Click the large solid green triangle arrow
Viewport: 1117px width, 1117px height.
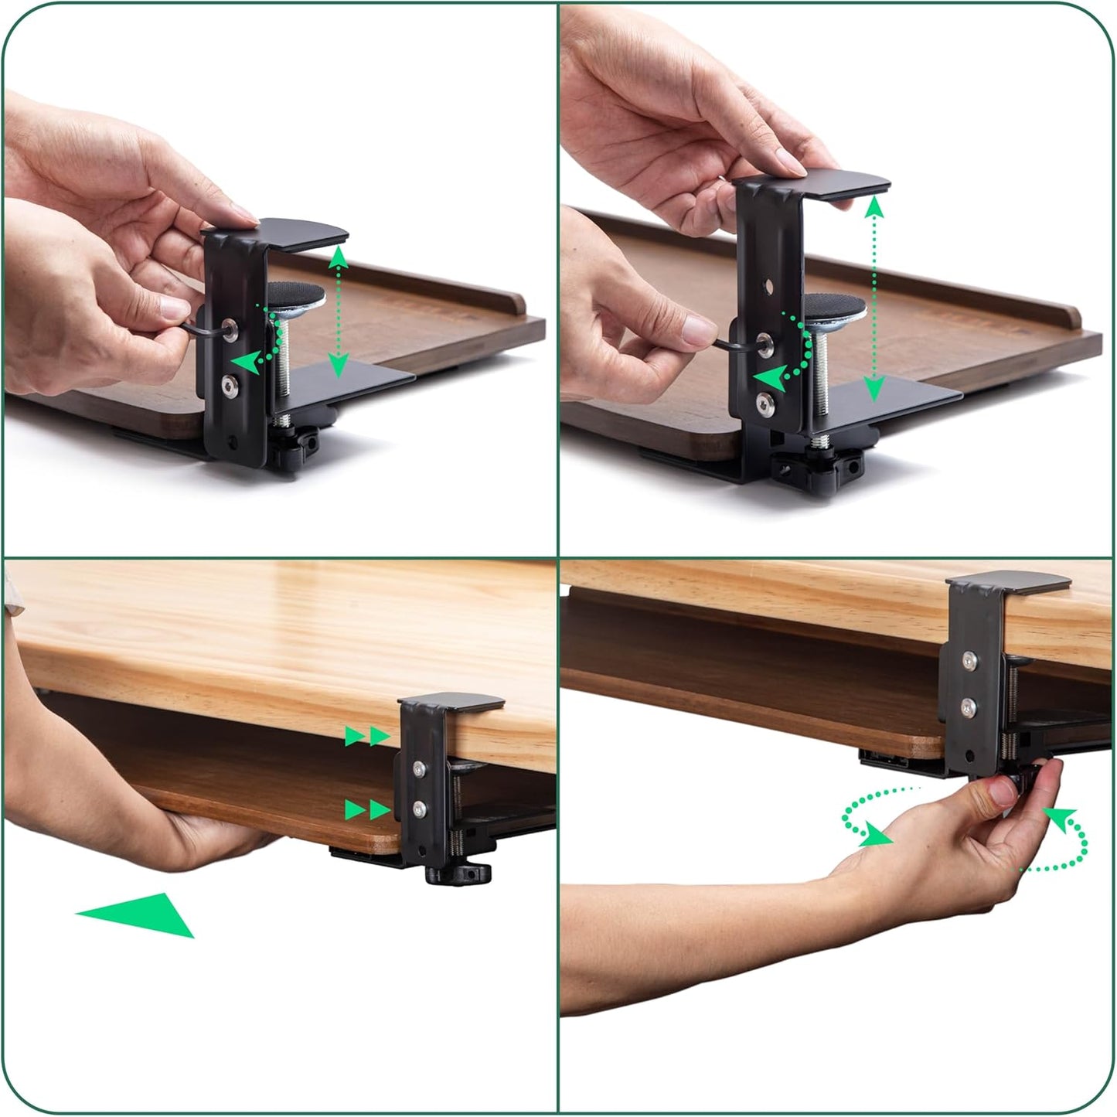(x=143, y=914)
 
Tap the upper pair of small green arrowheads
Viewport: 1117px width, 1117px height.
(x=367, y=736)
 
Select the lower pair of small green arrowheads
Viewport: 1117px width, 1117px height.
(x=367, y=809)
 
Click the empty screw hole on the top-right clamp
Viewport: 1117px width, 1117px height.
(x=767, y=288)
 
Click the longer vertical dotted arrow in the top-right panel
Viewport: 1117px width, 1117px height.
(x=874, y=298)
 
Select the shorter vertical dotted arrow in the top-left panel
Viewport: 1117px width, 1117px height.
(x=337, y=312)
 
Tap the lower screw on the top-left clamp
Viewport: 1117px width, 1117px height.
(x=230, y=384)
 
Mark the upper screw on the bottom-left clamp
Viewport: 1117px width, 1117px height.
(x=418, y=767)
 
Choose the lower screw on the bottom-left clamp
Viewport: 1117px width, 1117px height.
(x=419, y=809)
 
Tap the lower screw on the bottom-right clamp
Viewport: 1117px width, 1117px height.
(x=966, y=705)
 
